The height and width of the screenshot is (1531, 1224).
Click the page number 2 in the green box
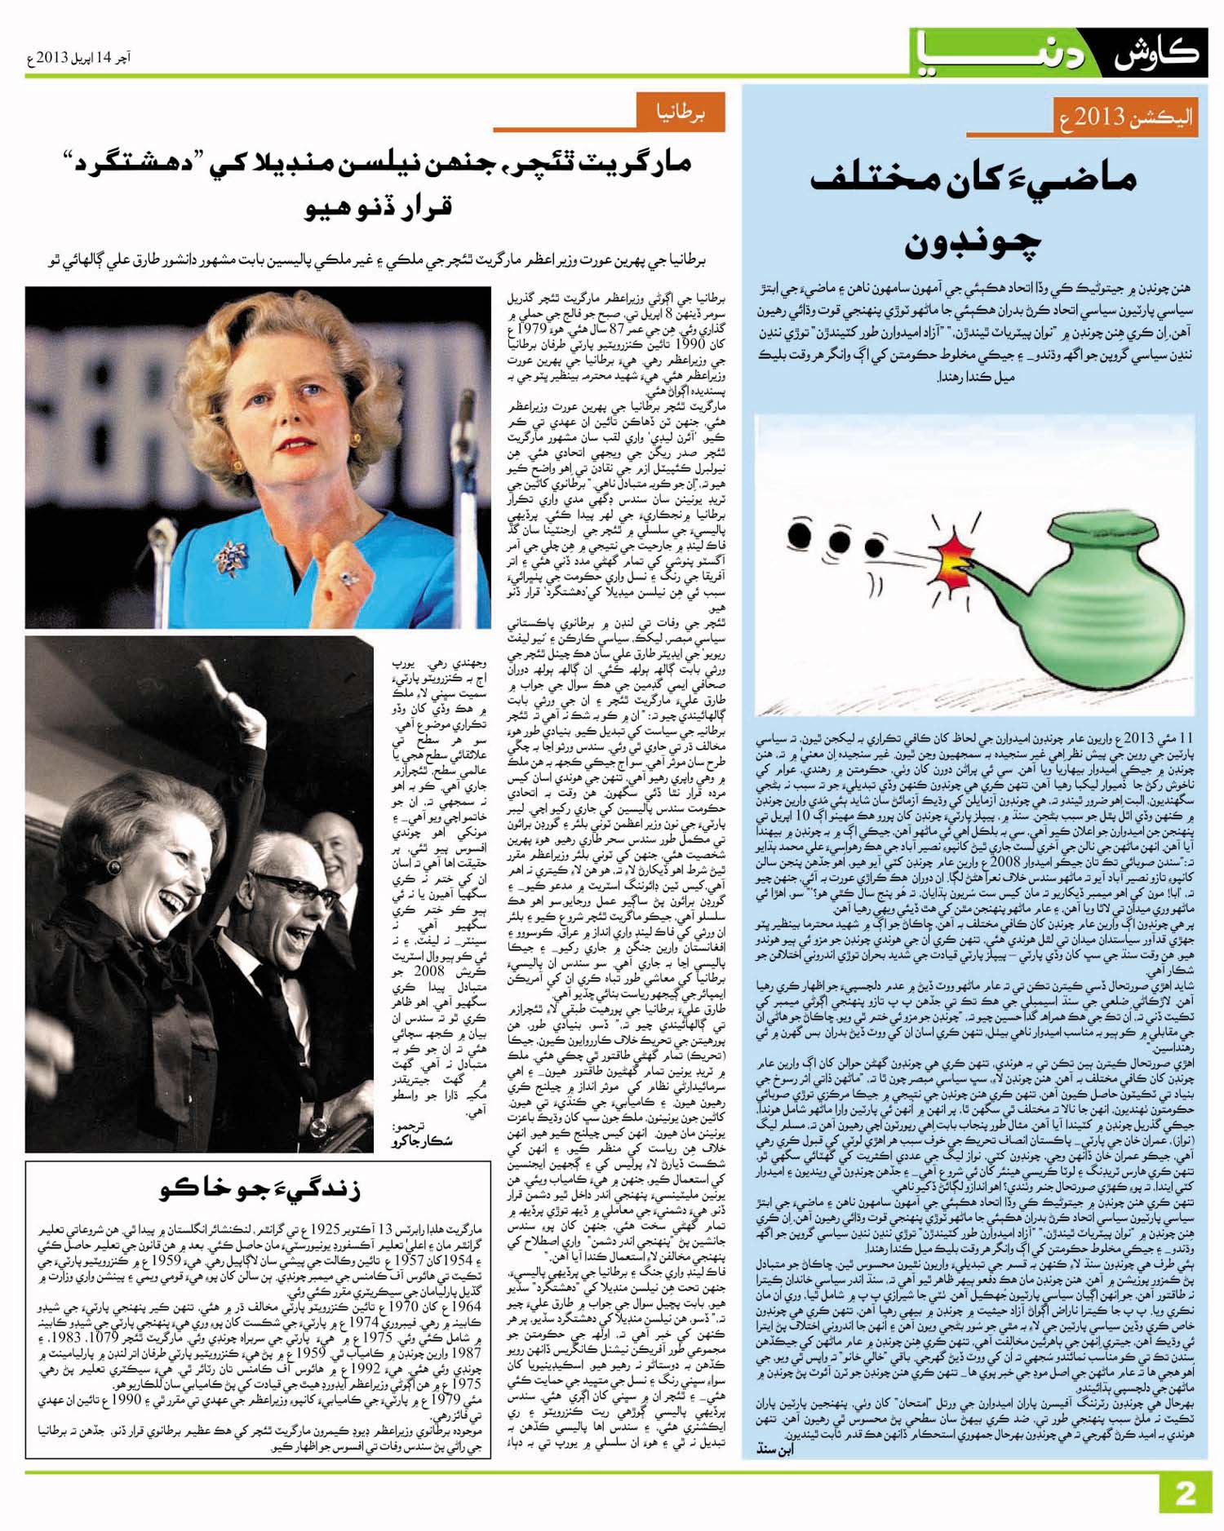tap(1184, 1493)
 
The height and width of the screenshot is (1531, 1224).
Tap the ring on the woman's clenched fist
tap(350, 577)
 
